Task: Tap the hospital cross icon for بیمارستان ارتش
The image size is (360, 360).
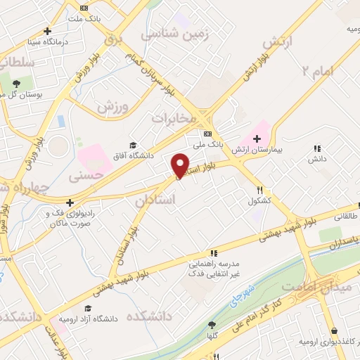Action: (257, 139)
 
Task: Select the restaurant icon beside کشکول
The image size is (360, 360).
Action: (260, 190)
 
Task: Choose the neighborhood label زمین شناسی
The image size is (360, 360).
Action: (175, 34)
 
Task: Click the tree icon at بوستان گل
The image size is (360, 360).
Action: (15, 84)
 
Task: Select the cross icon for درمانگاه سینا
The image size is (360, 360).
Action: (47, 31)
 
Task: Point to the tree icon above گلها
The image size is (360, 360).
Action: (212, 325)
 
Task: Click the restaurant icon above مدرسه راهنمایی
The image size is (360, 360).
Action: (213, 253)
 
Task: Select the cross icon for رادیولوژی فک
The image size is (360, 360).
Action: (70, 202)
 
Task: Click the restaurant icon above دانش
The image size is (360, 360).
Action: (317, 148)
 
